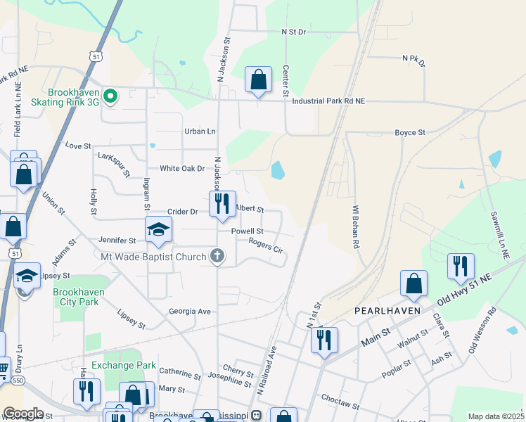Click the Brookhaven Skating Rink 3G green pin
coord(110,96)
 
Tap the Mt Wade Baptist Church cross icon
coord(218,257)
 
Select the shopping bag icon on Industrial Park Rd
coord(258,79)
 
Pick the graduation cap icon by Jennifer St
coord(159,230)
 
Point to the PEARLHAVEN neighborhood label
coord(387,310)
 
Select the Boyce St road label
coord(410,132)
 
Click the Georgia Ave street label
coord(190,312)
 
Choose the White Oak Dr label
coord(181,169)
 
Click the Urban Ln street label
coord(200,132)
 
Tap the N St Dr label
coord(294,32)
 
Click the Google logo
coord(23,414)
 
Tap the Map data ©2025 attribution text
coord(496,416)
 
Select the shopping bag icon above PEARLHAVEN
coord(414,283)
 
